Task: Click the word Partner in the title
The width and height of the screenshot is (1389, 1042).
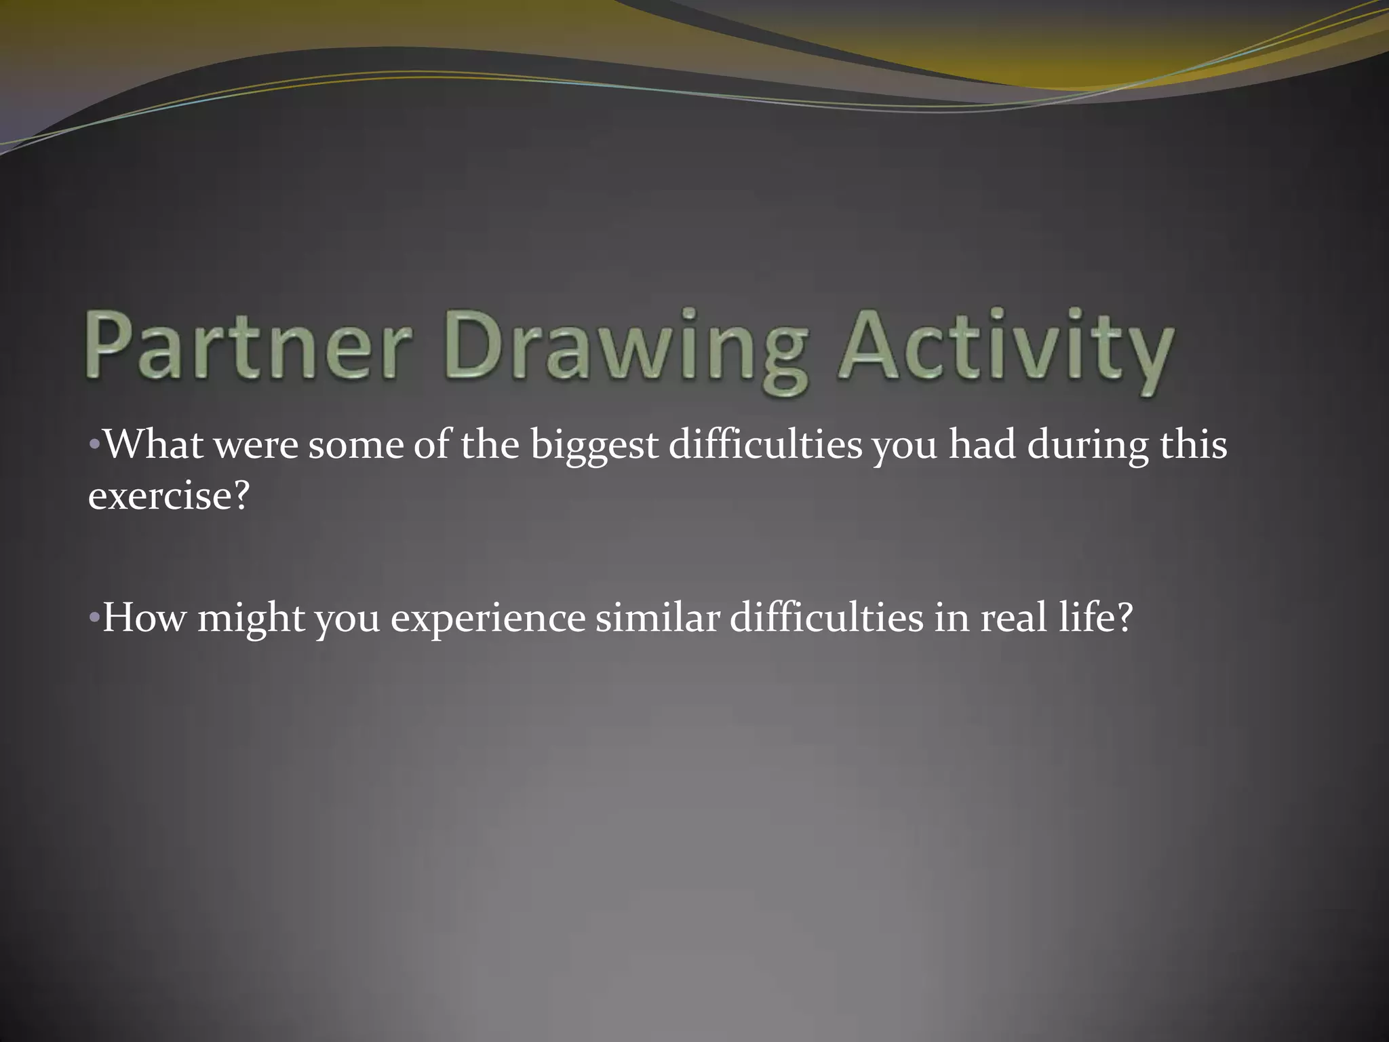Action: tap(248, 346)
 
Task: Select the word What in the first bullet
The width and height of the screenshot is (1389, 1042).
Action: tap(153, 445)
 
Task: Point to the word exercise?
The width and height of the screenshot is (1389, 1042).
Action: tap(169, 497)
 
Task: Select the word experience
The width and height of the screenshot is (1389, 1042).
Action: tap(488, 621)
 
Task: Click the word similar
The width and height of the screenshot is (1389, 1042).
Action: tap(657, 618)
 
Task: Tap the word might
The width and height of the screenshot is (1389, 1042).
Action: tap(251, 621)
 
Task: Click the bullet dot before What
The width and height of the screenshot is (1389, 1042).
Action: tap(94, 446)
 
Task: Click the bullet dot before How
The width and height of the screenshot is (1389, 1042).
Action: tap(94, 619)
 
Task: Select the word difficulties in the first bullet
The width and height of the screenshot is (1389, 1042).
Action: tap(765, 445)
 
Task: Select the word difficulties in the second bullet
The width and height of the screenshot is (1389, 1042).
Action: tap(826, 618)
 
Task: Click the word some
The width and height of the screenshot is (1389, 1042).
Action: tap(356, 448)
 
